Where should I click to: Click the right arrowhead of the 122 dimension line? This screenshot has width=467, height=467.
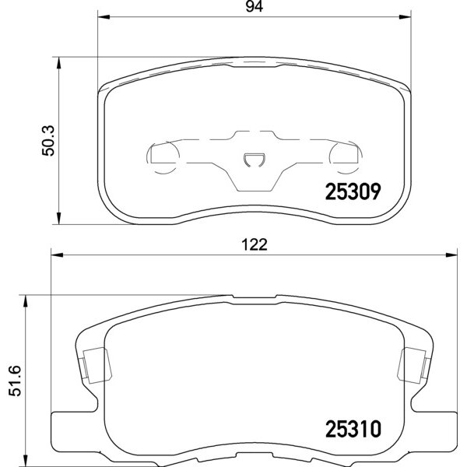tap(453, 255)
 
